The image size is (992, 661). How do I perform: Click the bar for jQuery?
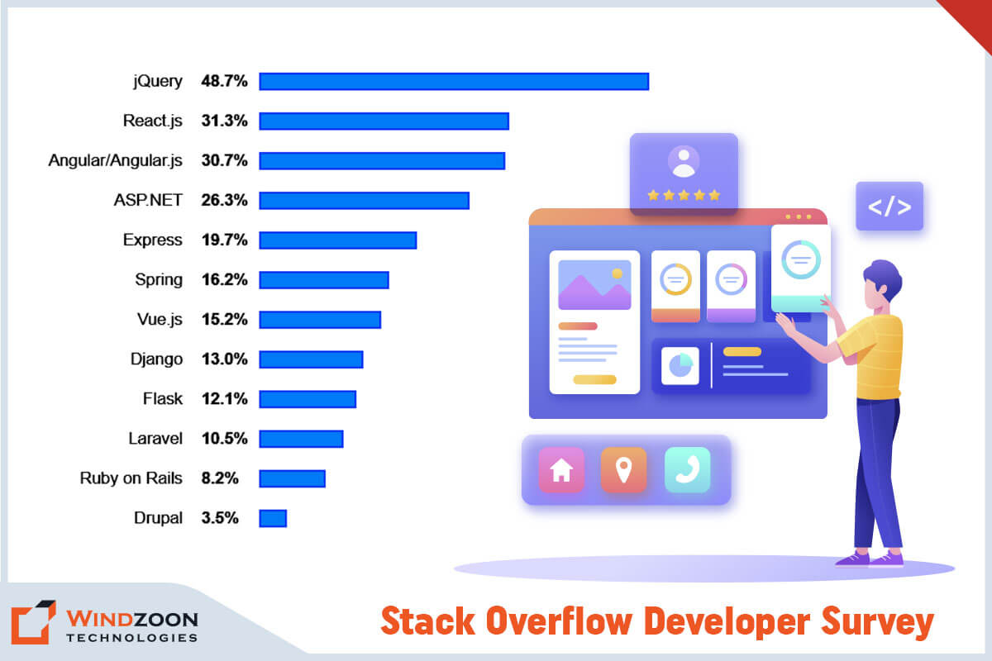coord(453,81)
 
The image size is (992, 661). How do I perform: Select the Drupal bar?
coord(273,518)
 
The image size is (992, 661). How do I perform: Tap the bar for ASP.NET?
coord(364,200)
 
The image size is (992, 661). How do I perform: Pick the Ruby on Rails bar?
coord(292,478)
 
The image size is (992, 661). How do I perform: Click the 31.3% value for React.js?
coord(224,121)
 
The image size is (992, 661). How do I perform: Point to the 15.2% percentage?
coord(224,319)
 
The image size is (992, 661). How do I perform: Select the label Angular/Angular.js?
coord(115,160)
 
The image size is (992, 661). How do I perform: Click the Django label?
coord(156,359)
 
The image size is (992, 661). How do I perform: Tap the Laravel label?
coord(155,438)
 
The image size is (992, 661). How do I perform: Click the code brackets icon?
coord(889,207)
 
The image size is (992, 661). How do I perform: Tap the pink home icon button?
coord(561,470)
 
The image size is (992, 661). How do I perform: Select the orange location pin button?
coord(623,470)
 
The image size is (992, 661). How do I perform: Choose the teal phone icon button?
coord(687,470)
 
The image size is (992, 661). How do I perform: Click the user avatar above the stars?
coord(684,161)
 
